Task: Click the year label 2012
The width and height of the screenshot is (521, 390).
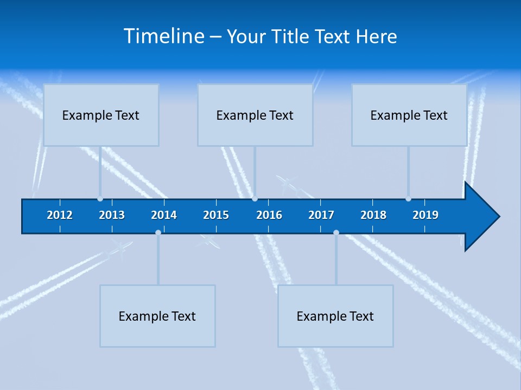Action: click(60, 215)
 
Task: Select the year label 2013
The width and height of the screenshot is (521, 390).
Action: click(112, 215)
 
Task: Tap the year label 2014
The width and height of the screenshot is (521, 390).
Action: click(164, 215)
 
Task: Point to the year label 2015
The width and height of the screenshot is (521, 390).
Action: click(216, 215)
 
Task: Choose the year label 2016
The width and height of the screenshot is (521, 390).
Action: click(269, 215)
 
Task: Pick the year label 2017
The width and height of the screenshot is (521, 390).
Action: click(321, 215)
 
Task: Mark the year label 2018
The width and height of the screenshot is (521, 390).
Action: click(373, 215)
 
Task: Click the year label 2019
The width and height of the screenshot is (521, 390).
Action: click(425, 215)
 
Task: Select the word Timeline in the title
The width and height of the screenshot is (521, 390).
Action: click(163, 36)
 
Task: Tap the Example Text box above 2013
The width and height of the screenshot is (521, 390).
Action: click(101, 115)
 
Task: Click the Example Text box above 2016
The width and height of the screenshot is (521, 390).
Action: click(255, 115)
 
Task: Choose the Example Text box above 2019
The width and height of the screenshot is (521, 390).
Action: click(409, 115)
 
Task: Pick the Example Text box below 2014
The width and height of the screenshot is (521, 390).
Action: click(157, 316)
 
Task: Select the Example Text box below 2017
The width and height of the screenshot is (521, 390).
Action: click(335, 316)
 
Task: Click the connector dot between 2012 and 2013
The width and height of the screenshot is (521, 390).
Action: click(100, 199)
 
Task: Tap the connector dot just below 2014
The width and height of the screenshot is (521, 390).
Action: click(158, 232)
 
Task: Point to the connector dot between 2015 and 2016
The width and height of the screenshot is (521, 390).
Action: click(255, 199)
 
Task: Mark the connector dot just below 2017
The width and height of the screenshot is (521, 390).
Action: click(336, 232)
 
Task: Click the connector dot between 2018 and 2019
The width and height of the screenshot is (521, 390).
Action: click(408, 199)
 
